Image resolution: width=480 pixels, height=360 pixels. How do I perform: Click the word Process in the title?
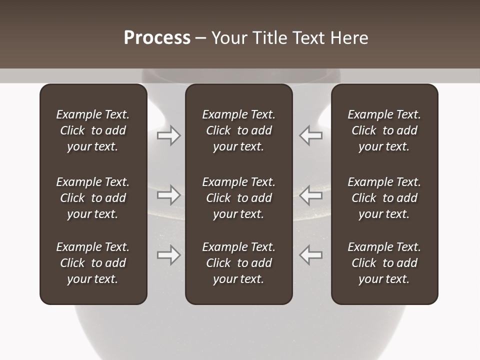tap(157, 38)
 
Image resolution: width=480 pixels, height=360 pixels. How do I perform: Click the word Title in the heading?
tap(268, 38)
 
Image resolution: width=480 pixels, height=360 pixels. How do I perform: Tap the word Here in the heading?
tap(349, 38)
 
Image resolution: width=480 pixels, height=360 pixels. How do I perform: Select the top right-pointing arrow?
tap(169, 135)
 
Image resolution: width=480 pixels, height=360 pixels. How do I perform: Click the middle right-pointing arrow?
tap(169, 194)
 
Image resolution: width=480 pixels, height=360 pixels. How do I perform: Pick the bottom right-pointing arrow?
tap(169, 254)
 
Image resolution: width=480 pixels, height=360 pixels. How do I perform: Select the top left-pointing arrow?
tap(310, 135)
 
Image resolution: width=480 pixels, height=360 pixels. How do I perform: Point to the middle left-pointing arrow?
tap(310, 194)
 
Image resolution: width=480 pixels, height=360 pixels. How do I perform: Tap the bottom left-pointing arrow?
tap(310, 254)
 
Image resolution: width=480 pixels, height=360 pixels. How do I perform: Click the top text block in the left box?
tap(93, 130)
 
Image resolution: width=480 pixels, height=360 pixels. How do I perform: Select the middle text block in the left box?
tap(93, 198)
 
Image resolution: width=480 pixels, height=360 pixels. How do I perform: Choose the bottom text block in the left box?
tap(93, 263)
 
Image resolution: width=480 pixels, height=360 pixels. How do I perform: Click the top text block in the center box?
tap(238, 130)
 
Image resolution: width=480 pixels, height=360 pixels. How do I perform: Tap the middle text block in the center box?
tap(238, 198)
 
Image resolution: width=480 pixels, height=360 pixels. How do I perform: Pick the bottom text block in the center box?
tap(238, 263)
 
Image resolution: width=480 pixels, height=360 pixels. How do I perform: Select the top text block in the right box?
tap(384, 130)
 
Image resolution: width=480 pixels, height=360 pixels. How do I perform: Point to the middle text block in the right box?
tap(384, 198)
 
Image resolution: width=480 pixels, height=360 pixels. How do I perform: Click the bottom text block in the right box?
tap(384, 263)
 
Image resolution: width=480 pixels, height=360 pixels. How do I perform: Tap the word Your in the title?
tap(228, 38)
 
